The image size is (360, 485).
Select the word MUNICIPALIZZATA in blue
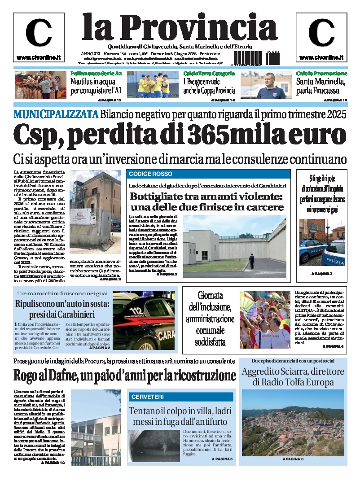pyautogui.click(x=56, y=114)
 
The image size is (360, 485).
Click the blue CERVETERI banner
pyautogui.click(x=180, y=397)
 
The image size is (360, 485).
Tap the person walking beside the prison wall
pyautogui.click(x=251, y=262)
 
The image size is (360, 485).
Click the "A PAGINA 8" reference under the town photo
pyautogui.click(x=293, y=459)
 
